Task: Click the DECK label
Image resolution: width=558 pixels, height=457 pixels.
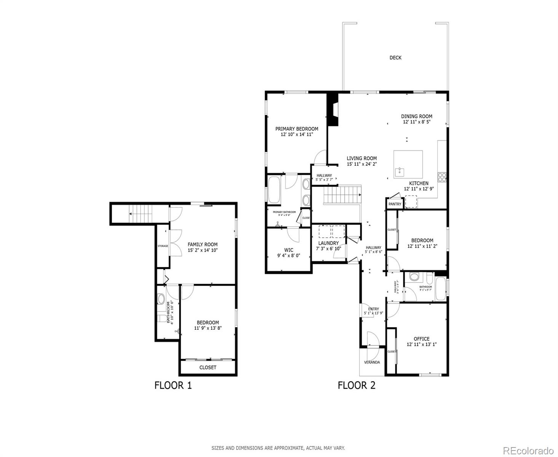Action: pos(395,58)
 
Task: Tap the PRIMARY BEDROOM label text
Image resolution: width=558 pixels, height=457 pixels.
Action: pos(297,129)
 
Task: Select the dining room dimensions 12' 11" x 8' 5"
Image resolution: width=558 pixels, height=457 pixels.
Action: pos(416,122)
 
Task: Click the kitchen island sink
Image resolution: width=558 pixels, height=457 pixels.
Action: pos(399,171)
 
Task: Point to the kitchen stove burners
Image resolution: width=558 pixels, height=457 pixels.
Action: pos(442,177)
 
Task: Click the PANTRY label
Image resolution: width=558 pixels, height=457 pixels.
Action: pos(395,204)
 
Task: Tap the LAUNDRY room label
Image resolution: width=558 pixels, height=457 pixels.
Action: pos(328,243)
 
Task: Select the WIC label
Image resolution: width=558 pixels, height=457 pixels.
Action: pos(289,250)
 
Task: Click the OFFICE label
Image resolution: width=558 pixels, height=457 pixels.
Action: pos(421,339)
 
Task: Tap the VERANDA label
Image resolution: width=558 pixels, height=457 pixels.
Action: pos(372,362)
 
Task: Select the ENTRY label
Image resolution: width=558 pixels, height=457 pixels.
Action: pos(373,309)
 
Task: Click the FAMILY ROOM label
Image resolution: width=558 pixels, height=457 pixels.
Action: pos(202,244)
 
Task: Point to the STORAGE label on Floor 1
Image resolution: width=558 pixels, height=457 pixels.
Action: pos(163,246)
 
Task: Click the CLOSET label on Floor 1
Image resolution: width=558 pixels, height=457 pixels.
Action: pos(208,368)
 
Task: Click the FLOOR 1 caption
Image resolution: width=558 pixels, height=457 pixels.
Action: pos(173,385)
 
